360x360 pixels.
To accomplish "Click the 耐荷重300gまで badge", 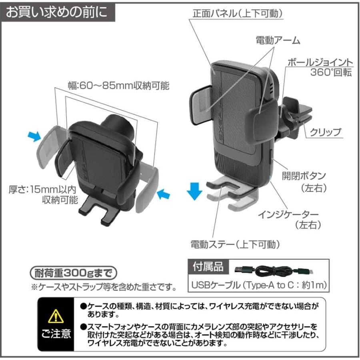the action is point(74,274).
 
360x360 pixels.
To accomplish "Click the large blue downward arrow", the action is point(194,191).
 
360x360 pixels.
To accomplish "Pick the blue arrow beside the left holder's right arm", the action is point(164,195).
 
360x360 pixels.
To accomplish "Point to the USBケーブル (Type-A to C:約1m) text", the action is point(260,285).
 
